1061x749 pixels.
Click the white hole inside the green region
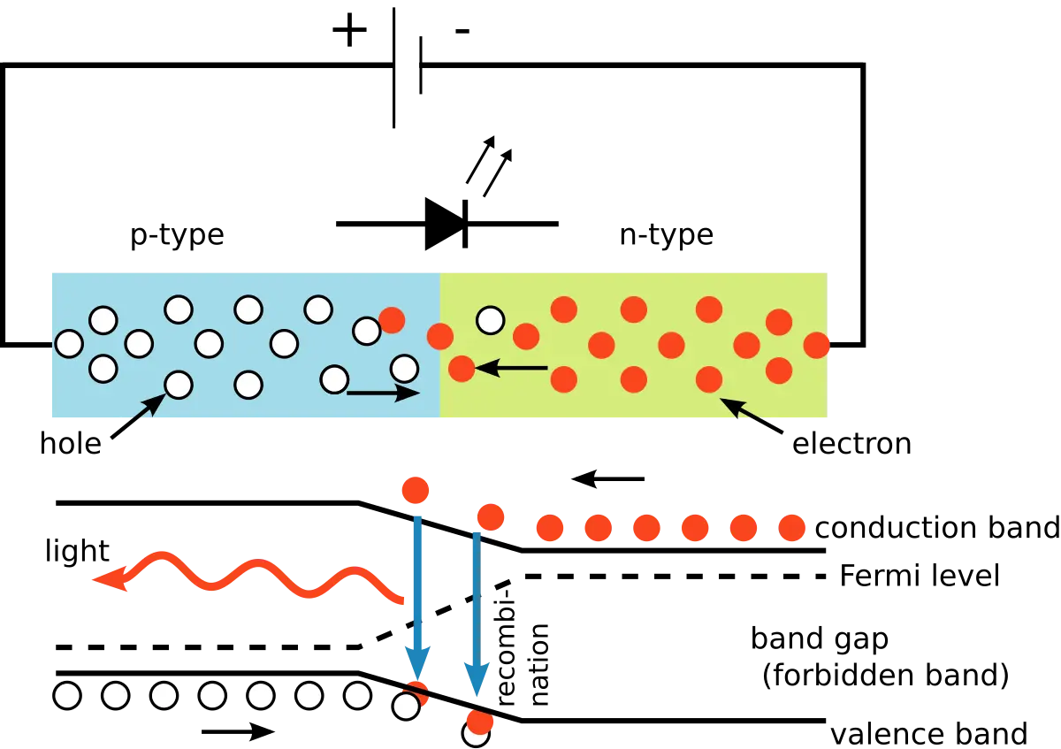(x=490, y=320)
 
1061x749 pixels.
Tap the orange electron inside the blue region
(x=392, y=320)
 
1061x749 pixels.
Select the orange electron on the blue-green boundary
(x=440, y=336)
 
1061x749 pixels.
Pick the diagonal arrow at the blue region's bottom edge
(x=146, y=410)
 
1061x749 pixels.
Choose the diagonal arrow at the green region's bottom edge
(x=743, y=411)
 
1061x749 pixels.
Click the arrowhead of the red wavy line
(x=111, y=579)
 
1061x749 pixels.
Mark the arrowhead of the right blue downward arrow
(x=477, y=676)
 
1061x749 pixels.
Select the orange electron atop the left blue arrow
(x=416, y=489)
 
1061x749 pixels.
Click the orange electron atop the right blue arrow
(x=490, y=516)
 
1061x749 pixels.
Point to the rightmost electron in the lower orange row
(x=791, y=528)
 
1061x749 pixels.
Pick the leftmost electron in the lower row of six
(x=549, y=528)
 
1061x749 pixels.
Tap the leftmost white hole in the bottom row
(x=67, y=695)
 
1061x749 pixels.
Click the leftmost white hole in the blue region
(x=69, y=343)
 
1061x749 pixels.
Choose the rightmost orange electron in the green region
(x=816, y=345)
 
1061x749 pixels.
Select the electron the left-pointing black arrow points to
(x=462, y=368)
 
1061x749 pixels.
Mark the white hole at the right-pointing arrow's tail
(x=334, y=379)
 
